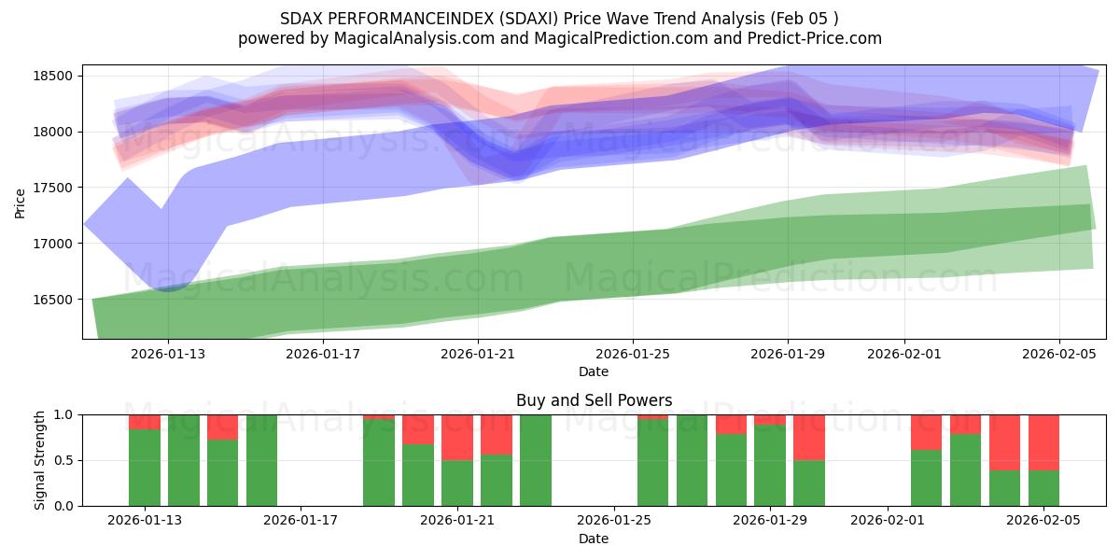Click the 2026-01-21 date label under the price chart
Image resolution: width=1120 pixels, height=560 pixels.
click(x=478, y=354)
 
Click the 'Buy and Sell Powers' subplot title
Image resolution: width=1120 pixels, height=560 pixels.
click(x=594, y=400)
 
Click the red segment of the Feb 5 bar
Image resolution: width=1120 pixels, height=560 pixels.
click(x=1043, y=442)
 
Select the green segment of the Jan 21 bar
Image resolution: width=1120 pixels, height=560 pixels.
click(x=457, y=483)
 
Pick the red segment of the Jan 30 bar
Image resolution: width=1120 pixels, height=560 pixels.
click(x=809, y=437)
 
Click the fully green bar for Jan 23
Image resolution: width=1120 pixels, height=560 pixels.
click(x=536, y=460)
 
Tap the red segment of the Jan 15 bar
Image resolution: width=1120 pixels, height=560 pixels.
click(x=222, y=427)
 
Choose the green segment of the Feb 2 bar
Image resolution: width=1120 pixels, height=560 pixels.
click(x=926, y=478)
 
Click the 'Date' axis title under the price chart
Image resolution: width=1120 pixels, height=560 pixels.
click(x=594, y=371)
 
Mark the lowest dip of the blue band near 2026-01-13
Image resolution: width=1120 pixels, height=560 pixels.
click(x=168, y=287)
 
